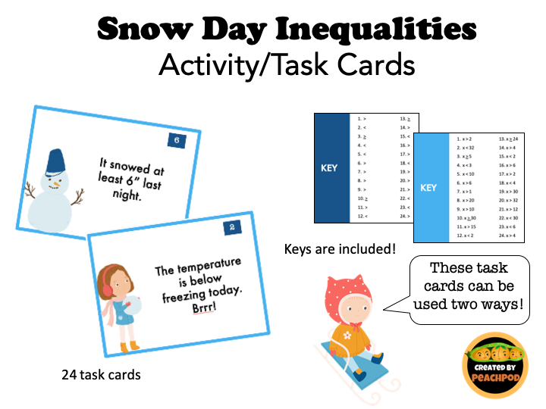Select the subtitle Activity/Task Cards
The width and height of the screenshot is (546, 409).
[287, 65]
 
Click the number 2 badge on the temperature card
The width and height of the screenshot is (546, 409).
[232, 227]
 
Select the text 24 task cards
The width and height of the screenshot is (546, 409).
[102, 374]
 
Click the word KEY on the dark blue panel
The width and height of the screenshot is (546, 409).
[328, 168]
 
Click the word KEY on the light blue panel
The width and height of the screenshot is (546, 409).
[428, 187]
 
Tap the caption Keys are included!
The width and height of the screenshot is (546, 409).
[340, 248]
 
